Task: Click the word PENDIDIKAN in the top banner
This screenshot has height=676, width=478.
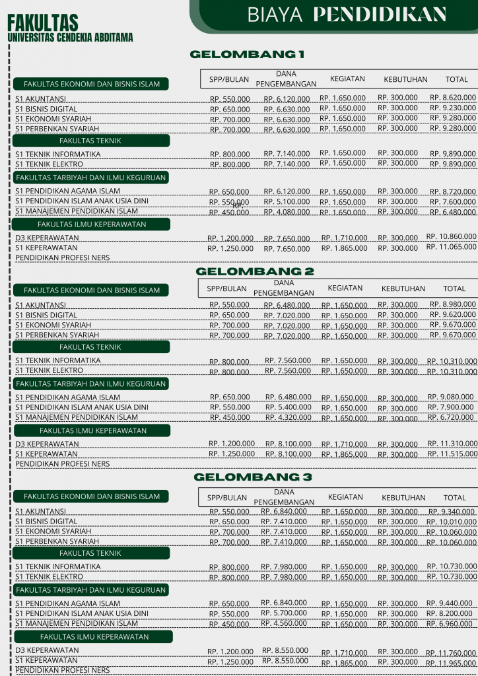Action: pos(380,15)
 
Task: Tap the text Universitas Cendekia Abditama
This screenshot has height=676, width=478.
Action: pos(70,38)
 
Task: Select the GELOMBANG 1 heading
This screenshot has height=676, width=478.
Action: pos(248,54)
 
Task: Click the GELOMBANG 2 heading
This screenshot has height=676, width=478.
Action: pos(255,271)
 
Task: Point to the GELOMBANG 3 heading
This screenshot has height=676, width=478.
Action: pos(253,477)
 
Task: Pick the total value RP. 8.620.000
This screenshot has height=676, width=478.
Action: pos(453,98)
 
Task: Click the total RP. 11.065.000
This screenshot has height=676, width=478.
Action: pos(451,247)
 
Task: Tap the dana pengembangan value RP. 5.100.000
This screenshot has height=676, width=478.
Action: pos(287,202)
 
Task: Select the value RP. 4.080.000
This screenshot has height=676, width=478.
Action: pos(287,213)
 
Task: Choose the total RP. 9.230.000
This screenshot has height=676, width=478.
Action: pos(453,108)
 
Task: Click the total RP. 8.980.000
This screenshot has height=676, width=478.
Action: pos(453,304)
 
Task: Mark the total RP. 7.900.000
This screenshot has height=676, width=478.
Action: pos(452,407)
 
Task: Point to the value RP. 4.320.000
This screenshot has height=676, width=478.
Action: pos(289,418)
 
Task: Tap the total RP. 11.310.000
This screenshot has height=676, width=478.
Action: pos(452,444)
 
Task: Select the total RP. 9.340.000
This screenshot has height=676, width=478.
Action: pos(452,512)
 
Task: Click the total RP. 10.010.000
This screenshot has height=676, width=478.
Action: pos(452,522)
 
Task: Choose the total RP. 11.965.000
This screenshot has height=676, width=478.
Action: pos(451,663)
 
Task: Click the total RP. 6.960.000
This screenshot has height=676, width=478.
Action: pos(452,624)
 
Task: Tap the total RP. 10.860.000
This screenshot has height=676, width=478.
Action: pos(451,236)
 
